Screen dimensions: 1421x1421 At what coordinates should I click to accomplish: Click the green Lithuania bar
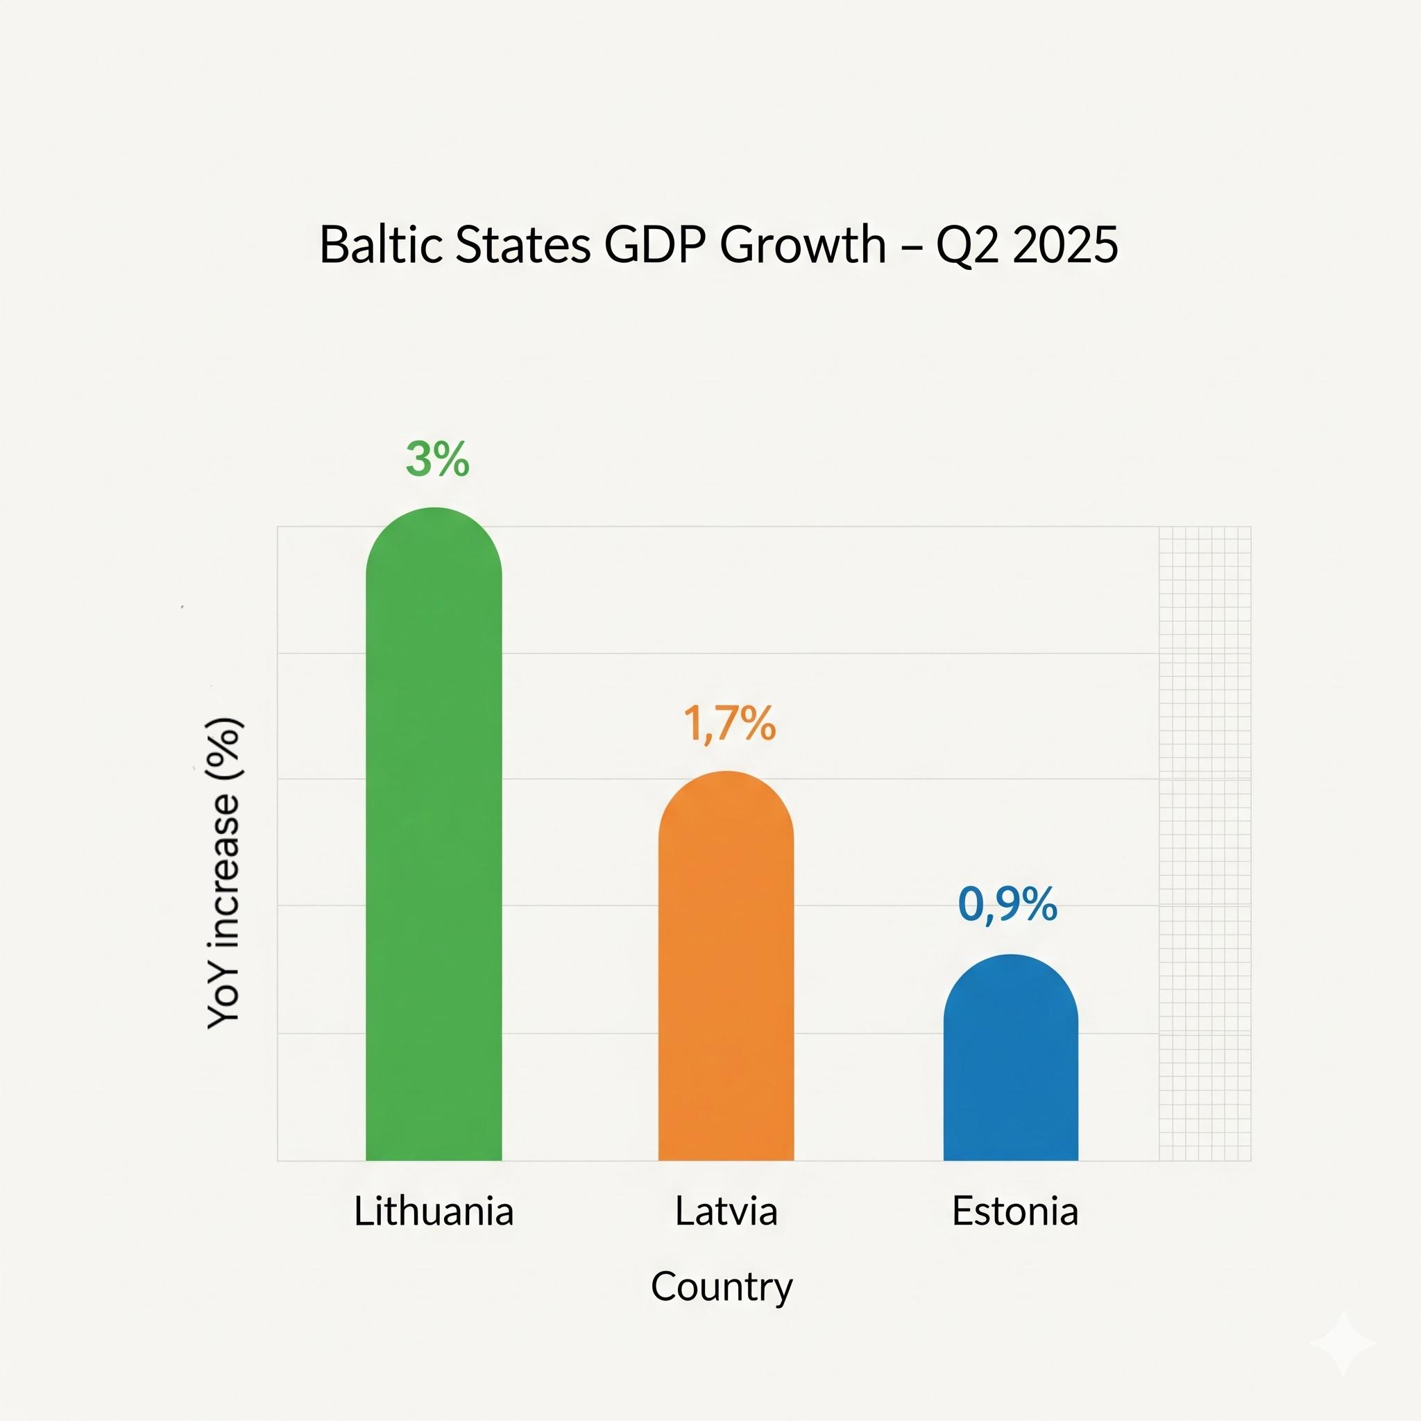[x=434, y=846]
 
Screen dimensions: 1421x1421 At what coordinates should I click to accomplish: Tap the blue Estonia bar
[x=1010, y=1066]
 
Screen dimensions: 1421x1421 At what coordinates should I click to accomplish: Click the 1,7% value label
[x=730, y=724]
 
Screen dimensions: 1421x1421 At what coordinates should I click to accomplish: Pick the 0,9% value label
[x=1007, y=904]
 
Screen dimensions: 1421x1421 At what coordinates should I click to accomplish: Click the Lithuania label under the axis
[x=434, y=1211]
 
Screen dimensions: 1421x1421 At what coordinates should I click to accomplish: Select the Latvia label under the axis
[x=726, y=1211]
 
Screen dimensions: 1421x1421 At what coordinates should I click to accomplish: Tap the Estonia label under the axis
[x=1015, y=1211]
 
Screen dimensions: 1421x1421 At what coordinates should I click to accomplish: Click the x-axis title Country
[x=722, y=1287]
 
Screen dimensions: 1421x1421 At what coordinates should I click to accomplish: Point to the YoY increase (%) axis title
[x=224, y=872]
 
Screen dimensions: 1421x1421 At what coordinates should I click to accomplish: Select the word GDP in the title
[x=656, y=244]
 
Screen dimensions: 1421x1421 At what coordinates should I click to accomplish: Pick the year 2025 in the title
[x=1065, y=244]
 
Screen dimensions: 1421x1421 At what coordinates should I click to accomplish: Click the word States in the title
[x=523, y=244]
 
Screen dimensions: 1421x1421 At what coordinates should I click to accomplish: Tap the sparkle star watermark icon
[x=1343, y=1343]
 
